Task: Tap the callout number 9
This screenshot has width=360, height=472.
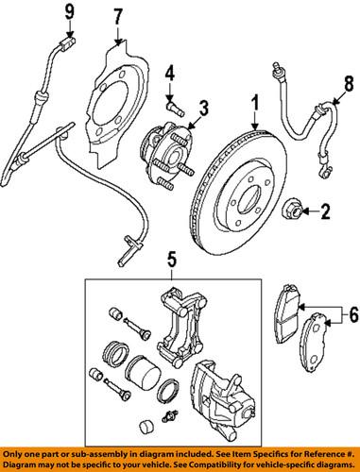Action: coord(68,11)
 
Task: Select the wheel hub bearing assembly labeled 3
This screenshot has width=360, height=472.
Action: coord(169,153)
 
